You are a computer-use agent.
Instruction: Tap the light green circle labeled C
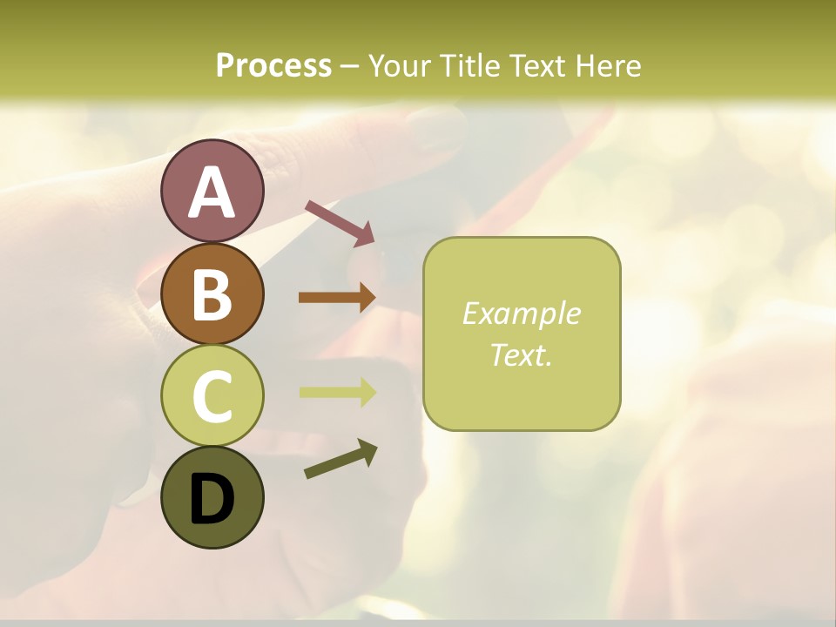coord(212,395)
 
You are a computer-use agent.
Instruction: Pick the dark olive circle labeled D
coord(212,497)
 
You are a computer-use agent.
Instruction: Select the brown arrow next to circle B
coord(337,298)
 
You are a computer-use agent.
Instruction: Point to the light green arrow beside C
coord(337,392)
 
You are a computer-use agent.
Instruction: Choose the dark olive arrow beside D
coord(340,460)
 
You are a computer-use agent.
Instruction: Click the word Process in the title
coord(273,66)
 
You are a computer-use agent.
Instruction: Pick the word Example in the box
coord(521,313)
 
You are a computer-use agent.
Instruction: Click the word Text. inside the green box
coord(521,354)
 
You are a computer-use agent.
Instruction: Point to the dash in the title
coord(350,66)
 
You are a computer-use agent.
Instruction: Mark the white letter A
coord(212,192)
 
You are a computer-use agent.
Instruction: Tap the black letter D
coord(212,499)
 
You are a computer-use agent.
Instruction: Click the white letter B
coord(212,294)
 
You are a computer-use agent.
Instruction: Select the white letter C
coord(212,396)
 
